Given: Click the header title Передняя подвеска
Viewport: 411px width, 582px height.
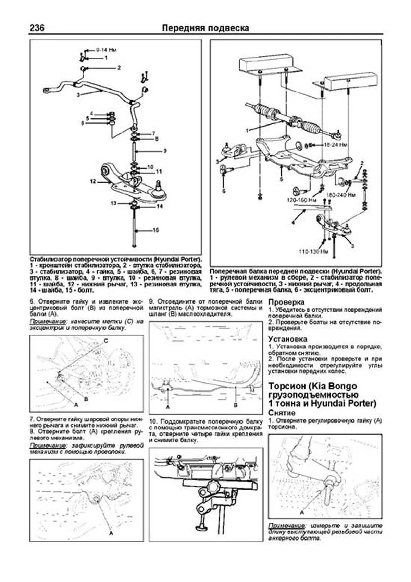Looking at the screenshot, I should coord(206,28).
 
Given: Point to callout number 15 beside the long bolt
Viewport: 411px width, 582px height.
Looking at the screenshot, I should coord(155,230).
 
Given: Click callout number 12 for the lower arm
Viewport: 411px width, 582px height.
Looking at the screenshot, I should coord(92,181).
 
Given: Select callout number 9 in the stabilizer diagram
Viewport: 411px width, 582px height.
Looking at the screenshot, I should coord(165,150).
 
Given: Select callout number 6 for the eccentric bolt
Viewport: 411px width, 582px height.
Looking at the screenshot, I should coord(224,191).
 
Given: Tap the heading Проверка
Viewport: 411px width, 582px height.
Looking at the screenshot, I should coord(286,302).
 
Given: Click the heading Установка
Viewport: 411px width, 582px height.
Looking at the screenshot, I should coord(288,339).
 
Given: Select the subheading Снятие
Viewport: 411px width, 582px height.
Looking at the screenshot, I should coord(282,413).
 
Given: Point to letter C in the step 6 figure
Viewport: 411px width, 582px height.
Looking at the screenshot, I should coord(105,341).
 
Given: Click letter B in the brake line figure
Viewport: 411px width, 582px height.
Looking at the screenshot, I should coord(235,405).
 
